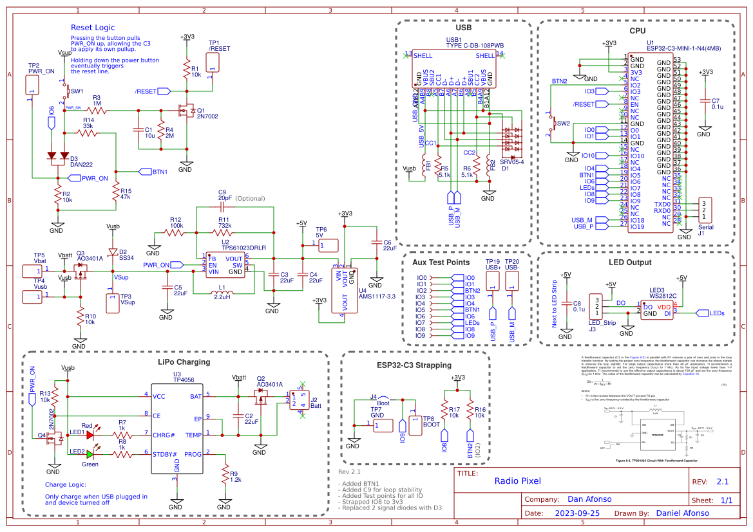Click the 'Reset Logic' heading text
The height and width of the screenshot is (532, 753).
point(93,28)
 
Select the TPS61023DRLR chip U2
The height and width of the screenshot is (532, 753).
point(225,264)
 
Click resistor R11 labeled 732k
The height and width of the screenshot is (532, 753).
point(225,233)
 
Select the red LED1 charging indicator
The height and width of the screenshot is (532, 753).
point(90,435)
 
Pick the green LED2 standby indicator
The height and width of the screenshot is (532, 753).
point(90,454)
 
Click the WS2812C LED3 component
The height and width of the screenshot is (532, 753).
point(656,310)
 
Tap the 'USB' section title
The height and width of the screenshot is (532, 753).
point(463,29)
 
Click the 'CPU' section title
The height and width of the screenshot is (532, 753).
point(637,30)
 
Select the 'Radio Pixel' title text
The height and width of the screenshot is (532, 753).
point(517,481)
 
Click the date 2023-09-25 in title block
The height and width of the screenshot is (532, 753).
point(577,513)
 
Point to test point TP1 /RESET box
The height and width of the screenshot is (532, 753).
point(213,62)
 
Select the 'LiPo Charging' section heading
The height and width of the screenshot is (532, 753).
point(183,362)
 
